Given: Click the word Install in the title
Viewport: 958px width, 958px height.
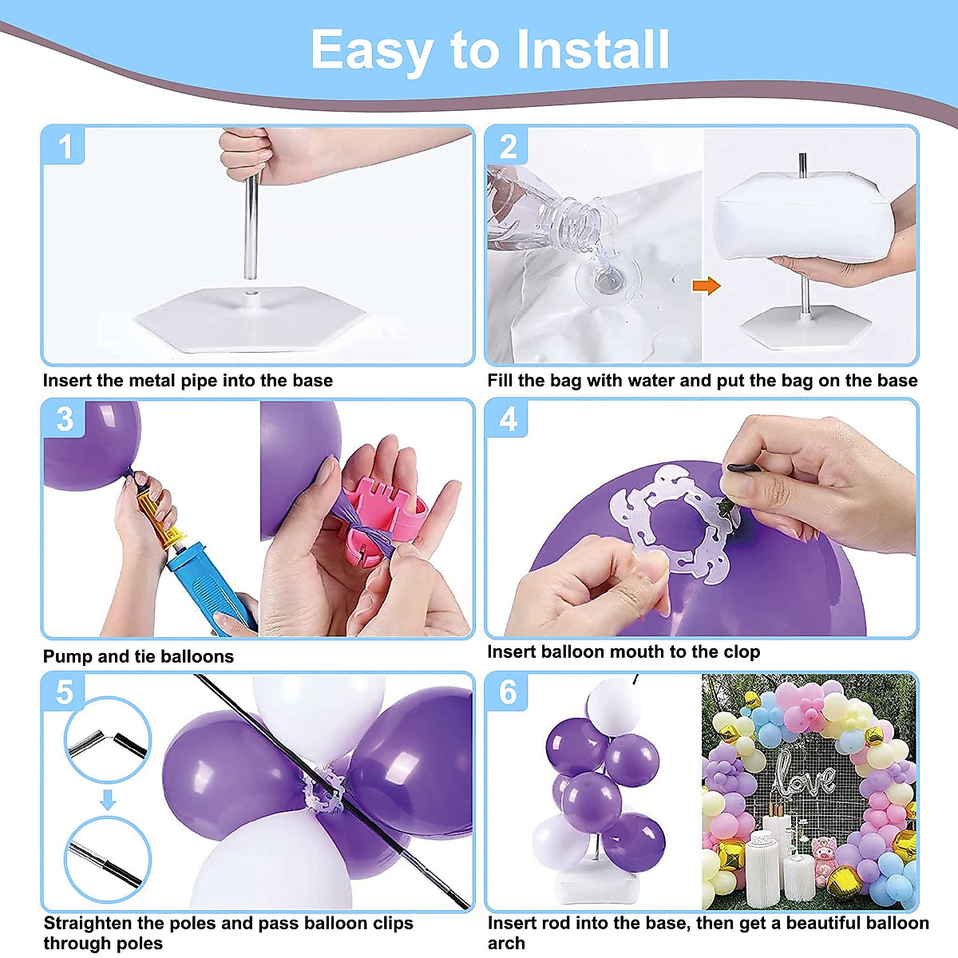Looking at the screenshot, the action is (x=593, y=49).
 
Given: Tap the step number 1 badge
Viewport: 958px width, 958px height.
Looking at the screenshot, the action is (x=64, y=145).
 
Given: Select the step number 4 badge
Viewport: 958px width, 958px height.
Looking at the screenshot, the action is (x=508, y=419).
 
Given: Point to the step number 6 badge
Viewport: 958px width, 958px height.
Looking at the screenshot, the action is (x=508, y=692).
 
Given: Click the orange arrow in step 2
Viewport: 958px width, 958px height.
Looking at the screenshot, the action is (x=707, y=286).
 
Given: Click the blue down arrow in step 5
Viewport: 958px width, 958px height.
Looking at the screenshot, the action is (x=108, y=800).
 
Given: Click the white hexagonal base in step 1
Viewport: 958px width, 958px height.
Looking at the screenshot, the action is (x=251, y=319).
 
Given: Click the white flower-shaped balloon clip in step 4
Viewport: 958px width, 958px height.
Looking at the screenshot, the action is (x=672, y=523).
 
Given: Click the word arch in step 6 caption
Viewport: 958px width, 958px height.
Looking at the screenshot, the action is (x=506, y=943).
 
